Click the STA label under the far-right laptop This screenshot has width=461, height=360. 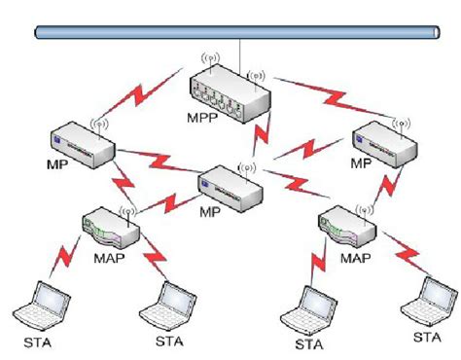426,337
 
